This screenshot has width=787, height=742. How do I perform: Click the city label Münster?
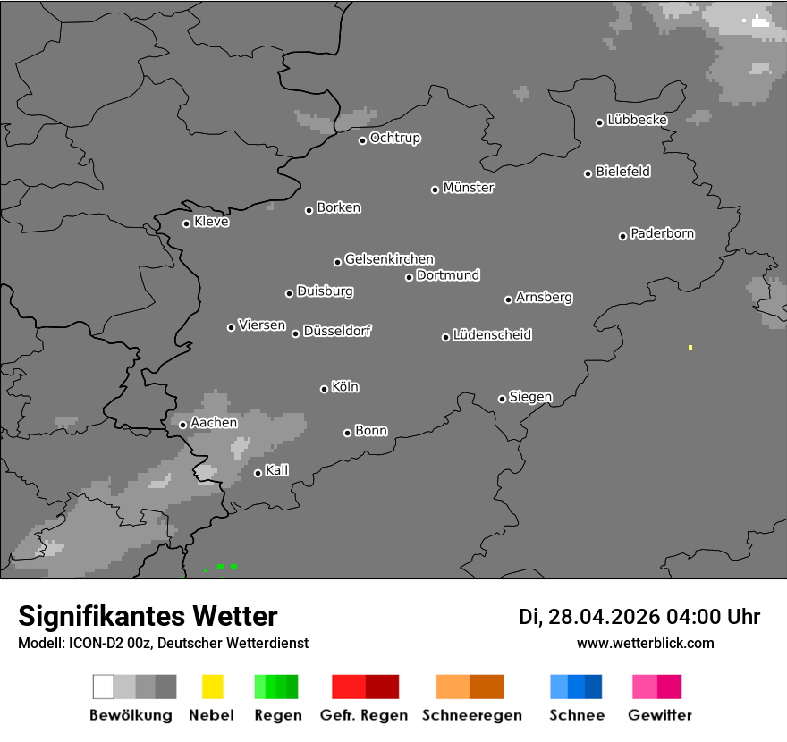point(469,188)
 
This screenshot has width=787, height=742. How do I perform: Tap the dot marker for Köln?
point(324,389)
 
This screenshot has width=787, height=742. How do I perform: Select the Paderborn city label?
point(662,233)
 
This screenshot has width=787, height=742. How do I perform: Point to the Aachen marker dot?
point(182,425)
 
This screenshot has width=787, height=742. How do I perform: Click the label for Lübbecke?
point(637,120)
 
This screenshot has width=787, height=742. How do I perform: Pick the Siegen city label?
point(530,397)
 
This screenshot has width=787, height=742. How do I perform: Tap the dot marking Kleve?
point(186,223)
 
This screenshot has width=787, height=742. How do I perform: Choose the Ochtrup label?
point(394,139)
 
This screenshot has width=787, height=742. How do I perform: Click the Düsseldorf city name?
point(337,331)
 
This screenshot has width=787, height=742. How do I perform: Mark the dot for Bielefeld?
point(588,173)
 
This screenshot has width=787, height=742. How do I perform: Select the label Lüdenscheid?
point(492,335)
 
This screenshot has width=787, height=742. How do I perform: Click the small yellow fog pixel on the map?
point(690,347)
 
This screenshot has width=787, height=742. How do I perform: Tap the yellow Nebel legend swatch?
point(212,687)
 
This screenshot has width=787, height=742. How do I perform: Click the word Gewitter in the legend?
point(660,715)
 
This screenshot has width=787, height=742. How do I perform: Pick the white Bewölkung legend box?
point(103,687)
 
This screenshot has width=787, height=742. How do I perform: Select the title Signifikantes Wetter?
point(148,616)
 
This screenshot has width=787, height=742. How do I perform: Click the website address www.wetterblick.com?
point(645,643)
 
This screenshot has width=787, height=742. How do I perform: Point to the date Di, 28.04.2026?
point(588,617)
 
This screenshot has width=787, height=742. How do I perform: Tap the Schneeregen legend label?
point(472,715)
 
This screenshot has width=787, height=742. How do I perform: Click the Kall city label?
point(276,470)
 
